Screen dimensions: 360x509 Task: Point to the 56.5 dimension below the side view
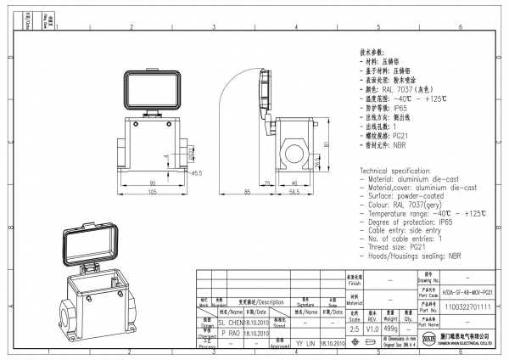tap(294, 193)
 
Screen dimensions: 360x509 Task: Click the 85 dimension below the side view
tap(247, 193)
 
